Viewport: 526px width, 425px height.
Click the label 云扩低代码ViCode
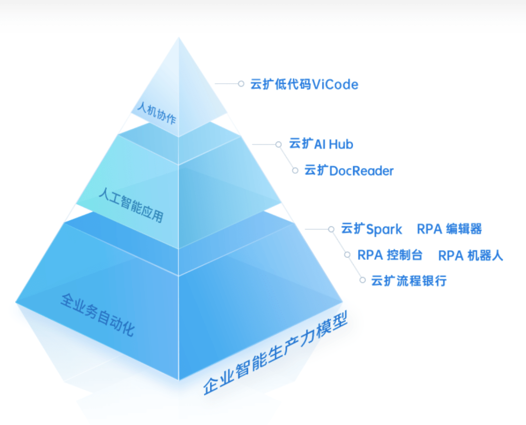click(304, 84)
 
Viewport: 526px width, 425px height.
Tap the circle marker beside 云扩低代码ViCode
click(241, 84)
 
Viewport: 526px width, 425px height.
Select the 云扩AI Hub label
click(321, 144)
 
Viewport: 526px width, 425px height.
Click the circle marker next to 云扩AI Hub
click(279, 144)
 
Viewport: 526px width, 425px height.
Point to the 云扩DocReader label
click(349, 171)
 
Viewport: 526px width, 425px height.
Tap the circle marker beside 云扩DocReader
click(295, 171)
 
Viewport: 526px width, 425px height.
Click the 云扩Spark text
click(371, 229)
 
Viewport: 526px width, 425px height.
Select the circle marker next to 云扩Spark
click(331, 229)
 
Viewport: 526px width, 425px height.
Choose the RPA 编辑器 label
click(449, 229)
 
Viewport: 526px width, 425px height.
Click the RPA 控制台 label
click(390, 255)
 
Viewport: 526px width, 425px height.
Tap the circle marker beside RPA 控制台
click(347, 255)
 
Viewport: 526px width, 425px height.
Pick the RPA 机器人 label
click(470, 255)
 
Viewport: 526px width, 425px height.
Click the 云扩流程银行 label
click(409, 281)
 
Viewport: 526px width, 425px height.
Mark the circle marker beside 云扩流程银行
click(362, 280)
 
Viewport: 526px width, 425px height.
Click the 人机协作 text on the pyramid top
click(157, 113)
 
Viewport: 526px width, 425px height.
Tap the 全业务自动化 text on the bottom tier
click(97, 314)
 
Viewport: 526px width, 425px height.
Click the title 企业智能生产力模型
click(275, 353)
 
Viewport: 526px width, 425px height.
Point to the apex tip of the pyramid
click(179, 37)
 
